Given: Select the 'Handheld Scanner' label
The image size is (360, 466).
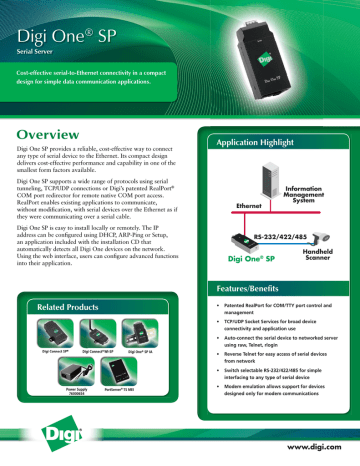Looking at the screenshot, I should pyautogui.click(x=322, y=256).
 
